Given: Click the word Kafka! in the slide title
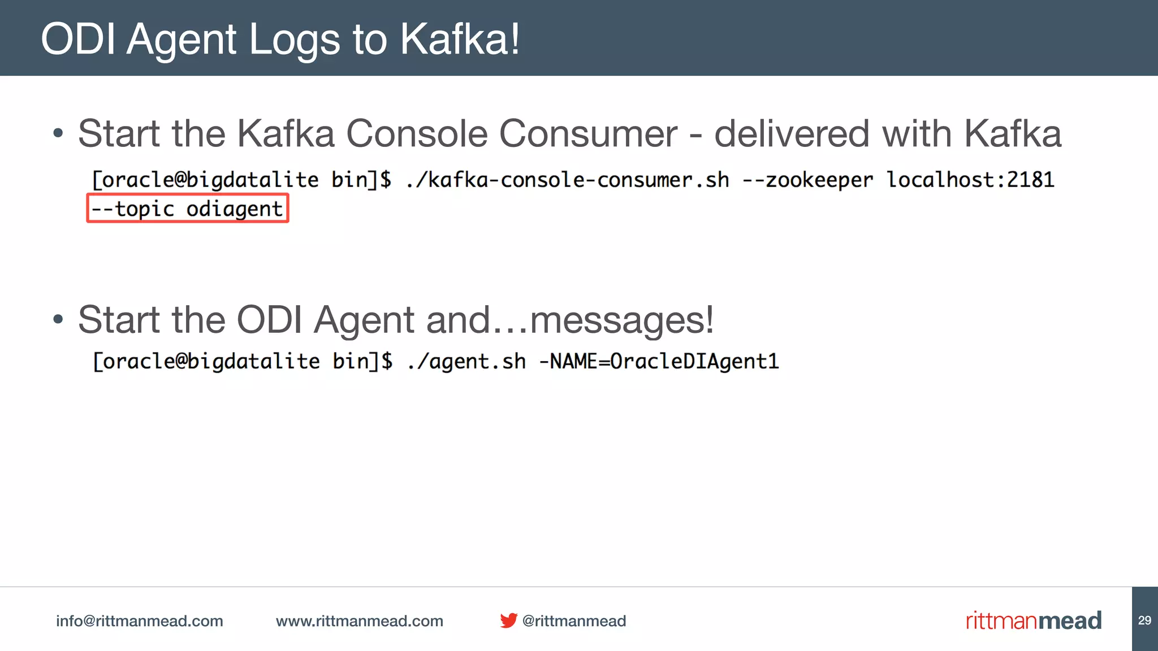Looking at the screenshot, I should tap(460, 40).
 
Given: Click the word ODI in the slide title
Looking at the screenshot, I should tap(78, 40).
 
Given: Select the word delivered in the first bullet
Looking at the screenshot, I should tap(792, 134).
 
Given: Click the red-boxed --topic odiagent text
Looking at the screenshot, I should tap(187, 209).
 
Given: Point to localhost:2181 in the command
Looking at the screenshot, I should tap(970, 180).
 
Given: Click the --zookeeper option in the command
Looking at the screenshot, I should tap(807, 180).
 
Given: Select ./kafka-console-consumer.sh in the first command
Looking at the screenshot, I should tap(567, 180).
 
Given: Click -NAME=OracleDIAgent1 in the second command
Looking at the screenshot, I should tap(659, 361).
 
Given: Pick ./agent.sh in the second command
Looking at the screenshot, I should tap(466, 361).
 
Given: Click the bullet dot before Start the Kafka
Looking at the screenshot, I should tap(58, 134).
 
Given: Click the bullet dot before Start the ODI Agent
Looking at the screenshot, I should tap(58, 319).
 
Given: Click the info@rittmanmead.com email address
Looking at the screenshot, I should tap(140, 621).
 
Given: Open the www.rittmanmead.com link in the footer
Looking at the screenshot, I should tap(360, 621).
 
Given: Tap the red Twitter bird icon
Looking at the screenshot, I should tap(508, 620).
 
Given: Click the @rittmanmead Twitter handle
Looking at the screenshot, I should tap(574, 621).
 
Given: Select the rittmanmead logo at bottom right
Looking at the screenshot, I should tap(1034, 620).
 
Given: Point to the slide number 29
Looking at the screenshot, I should tap(1144, 620).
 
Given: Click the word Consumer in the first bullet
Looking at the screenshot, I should tap(588, 134).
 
